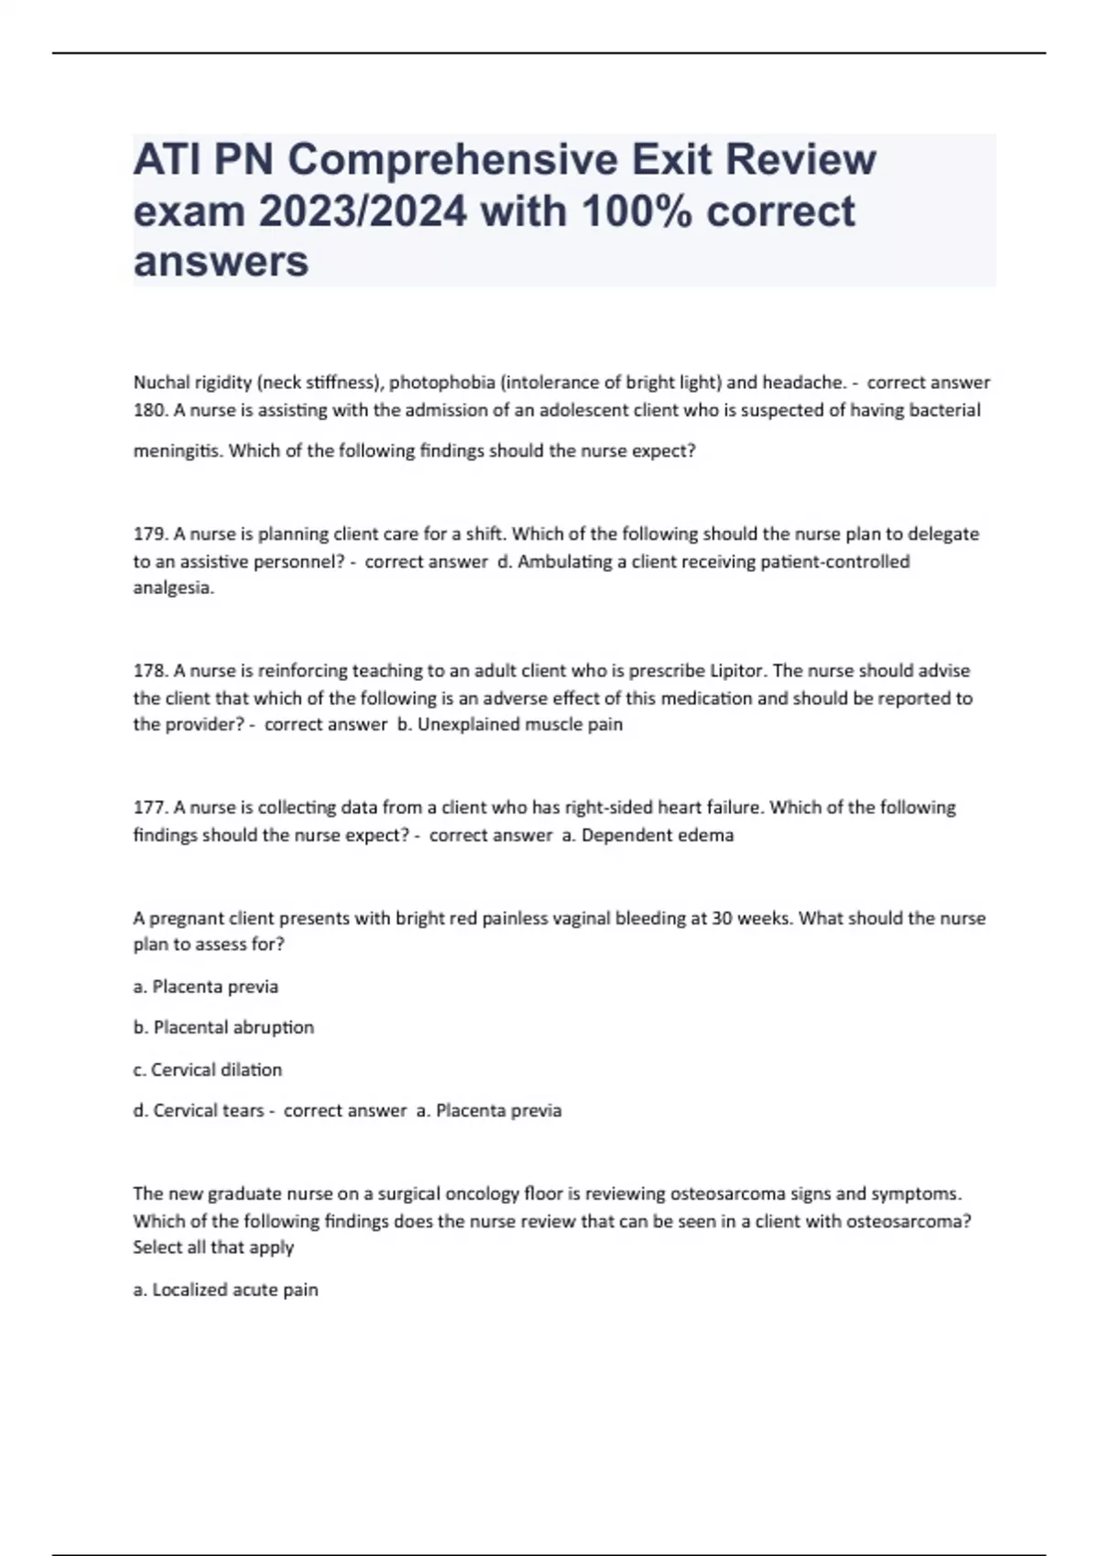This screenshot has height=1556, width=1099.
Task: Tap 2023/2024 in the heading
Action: point(363,211)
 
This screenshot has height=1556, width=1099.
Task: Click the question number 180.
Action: point(149,410)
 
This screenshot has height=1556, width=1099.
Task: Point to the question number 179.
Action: point(149,534)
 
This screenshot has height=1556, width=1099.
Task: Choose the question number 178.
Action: point(149,671)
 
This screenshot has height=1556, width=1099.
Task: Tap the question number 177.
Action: point(149,807)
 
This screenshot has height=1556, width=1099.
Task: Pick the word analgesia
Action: point(173,589)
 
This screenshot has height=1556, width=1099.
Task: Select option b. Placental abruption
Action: point(223,1028)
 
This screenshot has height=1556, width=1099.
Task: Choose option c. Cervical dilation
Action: point(208,1069)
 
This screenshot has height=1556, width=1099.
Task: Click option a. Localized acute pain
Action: point(226,1290)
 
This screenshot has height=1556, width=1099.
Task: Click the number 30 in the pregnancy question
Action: point(721,918)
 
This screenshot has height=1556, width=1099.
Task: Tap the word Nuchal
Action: point(159,383)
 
